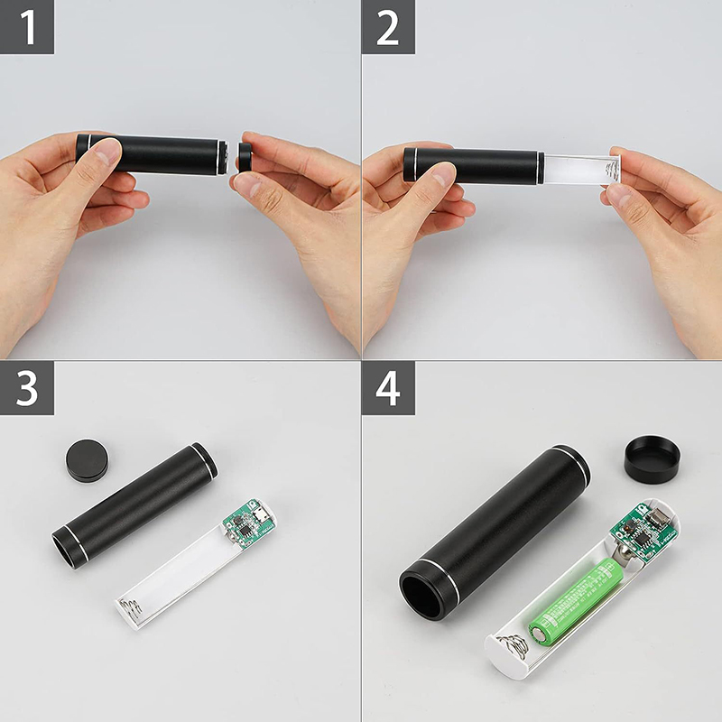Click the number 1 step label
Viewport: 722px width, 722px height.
tap(27, 27)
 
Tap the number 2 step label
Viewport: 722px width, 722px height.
tap(388, 27)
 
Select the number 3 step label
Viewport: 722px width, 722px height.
tap(27, 388)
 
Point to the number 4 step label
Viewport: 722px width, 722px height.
tap(388, 388)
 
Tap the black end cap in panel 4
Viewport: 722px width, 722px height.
tap(652, 459)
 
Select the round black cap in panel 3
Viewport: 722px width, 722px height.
tap(87, 460)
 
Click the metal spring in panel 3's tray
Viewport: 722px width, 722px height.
tap(130, 606)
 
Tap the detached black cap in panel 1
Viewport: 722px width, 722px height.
tap(245, 156)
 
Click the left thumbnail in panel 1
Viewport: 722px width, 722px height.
tap(107, 151)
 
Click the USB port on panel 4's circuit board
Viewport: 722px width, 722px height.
tap(659, 518)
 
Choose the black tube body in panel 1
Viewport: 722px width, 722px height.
tap(152, 154)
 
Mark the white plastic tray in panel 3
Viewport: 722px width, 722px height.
tap(196, 565)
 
